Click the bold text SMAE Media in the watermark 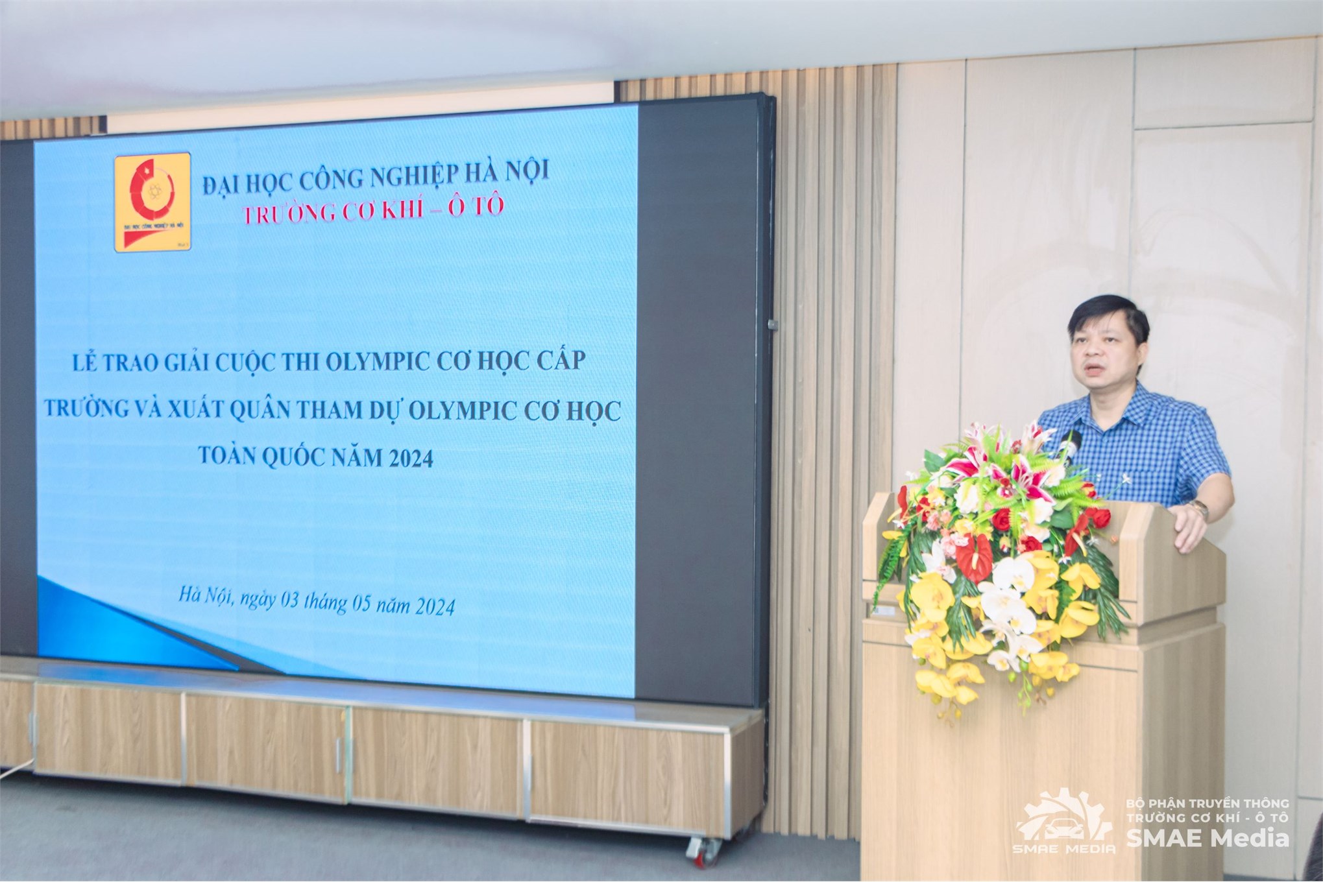coord(1207,839)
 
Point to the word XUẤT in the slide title coord(195,411)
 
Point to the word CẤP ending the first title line coord(558,361)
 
